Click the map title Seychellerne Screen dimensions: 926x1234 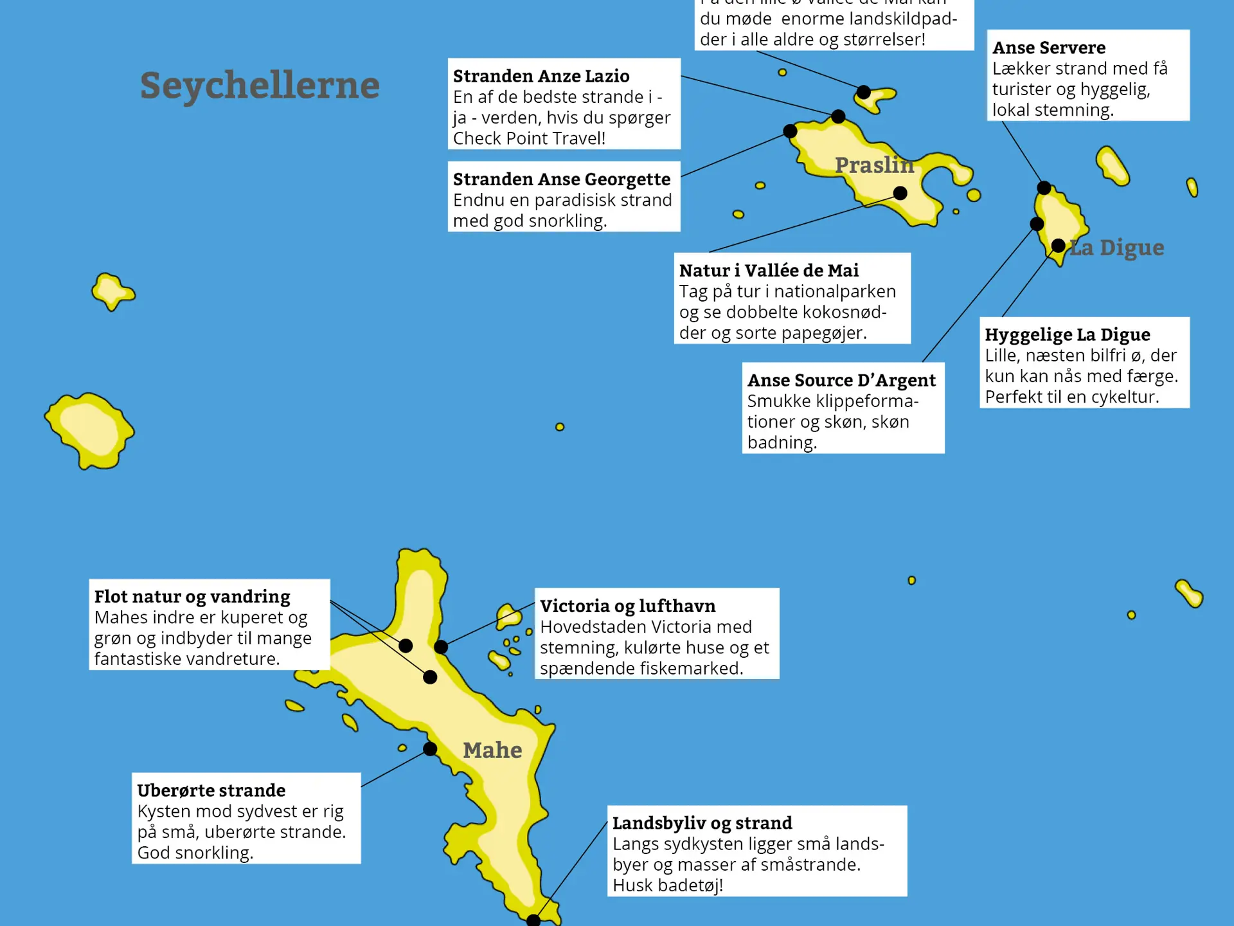[x=260, y=86]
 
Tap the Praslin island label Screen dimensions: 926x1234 [x=874, y=165]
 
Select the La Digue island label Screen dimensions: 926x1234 [x=1117, y=248]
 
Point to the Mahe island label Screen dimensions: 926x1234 [x=492, y=750]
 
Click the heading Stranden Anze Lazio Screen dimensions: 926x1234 [x=541, y=76]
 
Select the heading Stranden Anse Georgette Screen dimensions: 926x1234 [x=562, y=179]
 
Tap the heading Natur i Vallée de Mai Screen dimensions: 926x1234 [x=769, y=270]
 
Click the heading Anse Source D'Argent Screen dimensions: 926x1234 [x=841, y=380]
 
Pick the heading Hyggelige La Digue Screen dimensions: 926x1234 [x=1068, y=334]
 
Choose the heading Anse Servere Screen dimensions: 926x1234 [x=1049, y=48]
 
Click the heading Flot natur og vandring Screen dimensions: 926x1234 [x=192, y=596]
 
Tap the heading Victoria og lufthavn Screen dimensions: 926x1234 [x=627, y=606]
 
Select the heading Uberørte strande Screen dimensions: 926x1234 [x=211, y=790]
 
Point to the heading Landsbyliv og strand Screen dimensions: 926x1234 [x=702, y=823]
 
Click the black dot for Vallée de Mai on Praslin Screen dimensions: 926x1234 [x=900, y=193]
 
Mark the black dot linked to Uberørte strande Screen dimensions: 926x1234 [x=430, y=749]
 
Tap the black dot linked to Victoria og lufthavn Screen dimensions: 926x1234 [x=441, y=647]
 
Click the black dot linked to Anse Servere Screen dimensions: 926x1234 [x=1044, y=188]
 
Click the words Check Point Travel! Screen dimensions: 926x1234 [x=529, y=138]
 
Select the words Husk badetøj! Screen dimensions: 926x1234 [x=668, y=885]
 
